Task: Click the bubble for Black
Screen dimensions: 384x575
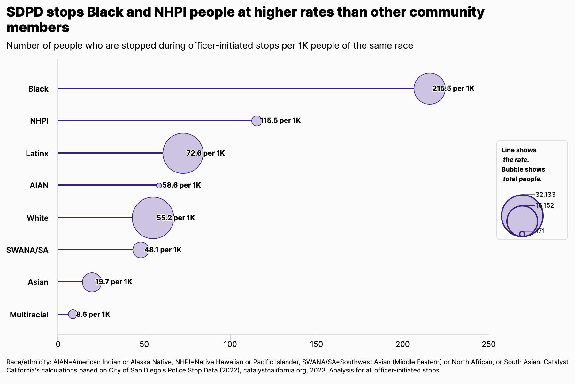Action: (429, 89)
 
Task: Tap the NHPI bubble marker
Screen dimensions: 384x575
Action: (257, 121)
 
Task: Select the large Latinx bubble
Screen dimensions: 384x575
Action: (183, 153)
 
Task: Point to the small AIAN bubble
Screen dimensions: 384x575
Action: (159, 186)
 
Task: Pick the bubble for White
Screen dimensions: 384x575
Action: (153, 218)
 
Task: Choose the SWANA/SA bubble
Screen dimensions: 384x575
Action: (141, 250)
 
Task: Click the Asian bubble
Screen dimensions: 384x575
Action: (92, 282)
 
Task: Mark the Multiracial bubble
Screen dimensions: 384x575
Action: (73, 314)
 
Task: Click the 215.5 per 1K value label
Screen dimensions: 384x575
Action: (454, 89)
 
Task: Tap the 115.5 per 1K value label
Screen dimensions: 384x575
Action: (280, 121)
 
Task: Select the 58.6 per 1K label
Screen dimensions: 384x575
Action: (181, 185)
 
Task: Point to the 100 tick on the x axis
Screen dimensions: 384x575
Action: (230, 344)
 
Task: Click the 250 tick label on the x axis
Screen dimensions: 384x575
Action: (489, 344)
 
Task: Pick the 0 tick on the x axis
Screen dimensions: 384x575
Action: (58, 344)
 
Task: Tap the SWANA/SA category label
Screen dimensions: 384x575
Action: (27, 250)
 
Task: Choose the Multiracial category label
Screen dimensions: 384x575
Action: (29, 315)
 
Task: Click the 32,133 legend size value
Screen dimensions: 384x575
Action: (545, 195)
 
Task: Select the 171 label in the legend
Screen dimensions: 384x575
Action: (540, 231)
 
